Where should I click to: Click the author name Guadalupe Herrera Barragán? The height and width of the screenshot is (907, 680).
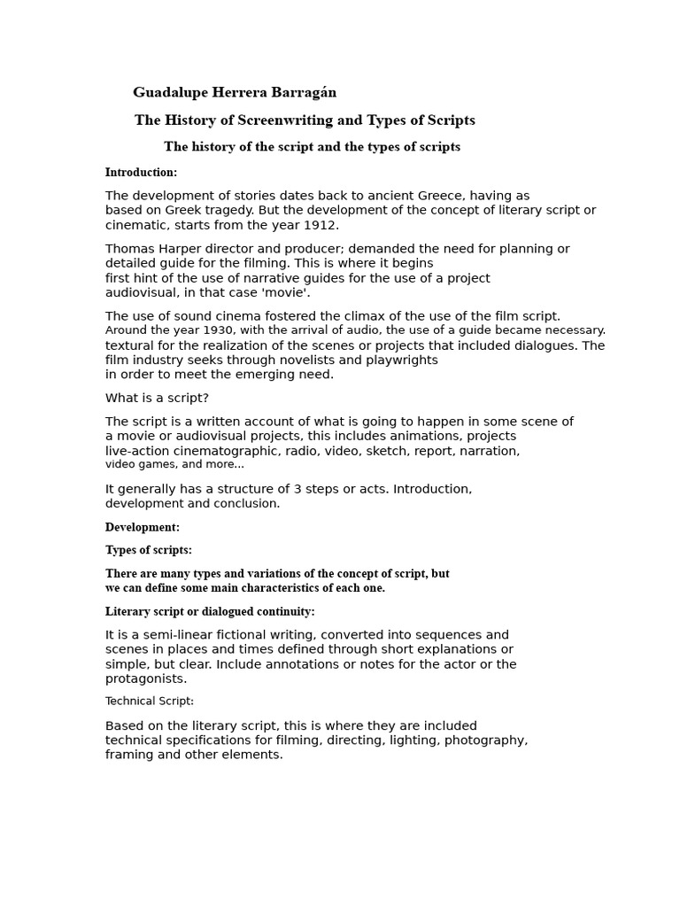tap(235, 92)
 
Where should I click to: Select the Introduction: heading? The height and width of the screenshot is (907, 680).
tap(141, 173)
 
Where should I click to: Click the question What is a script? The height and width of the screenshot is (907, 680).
tap(157, 398)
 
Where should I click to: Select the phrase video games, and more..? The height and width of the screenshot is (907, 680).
tap(174, 464)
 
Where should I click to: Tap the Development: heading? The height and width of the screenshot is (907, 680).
tap(143, 527)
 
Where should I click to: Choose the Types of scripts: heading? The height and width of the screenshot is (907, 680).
tap(148, 550)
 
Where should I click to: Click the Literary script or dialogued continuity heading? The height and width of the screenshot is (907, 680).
tap(210, 611)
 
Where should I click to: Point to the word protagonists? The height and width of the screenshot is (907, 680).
tap(145, 678)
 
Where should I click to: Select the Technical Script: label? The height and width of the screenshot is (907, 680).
tap(149, 702)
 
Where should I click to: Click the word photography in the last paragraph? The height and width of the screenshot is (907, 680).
tap(485, 740)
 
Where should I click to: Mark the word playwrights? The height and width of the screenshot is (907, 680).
tap(403, 360)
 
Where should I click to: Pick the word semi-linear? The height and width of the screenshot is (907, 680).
tap(165, 635)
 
